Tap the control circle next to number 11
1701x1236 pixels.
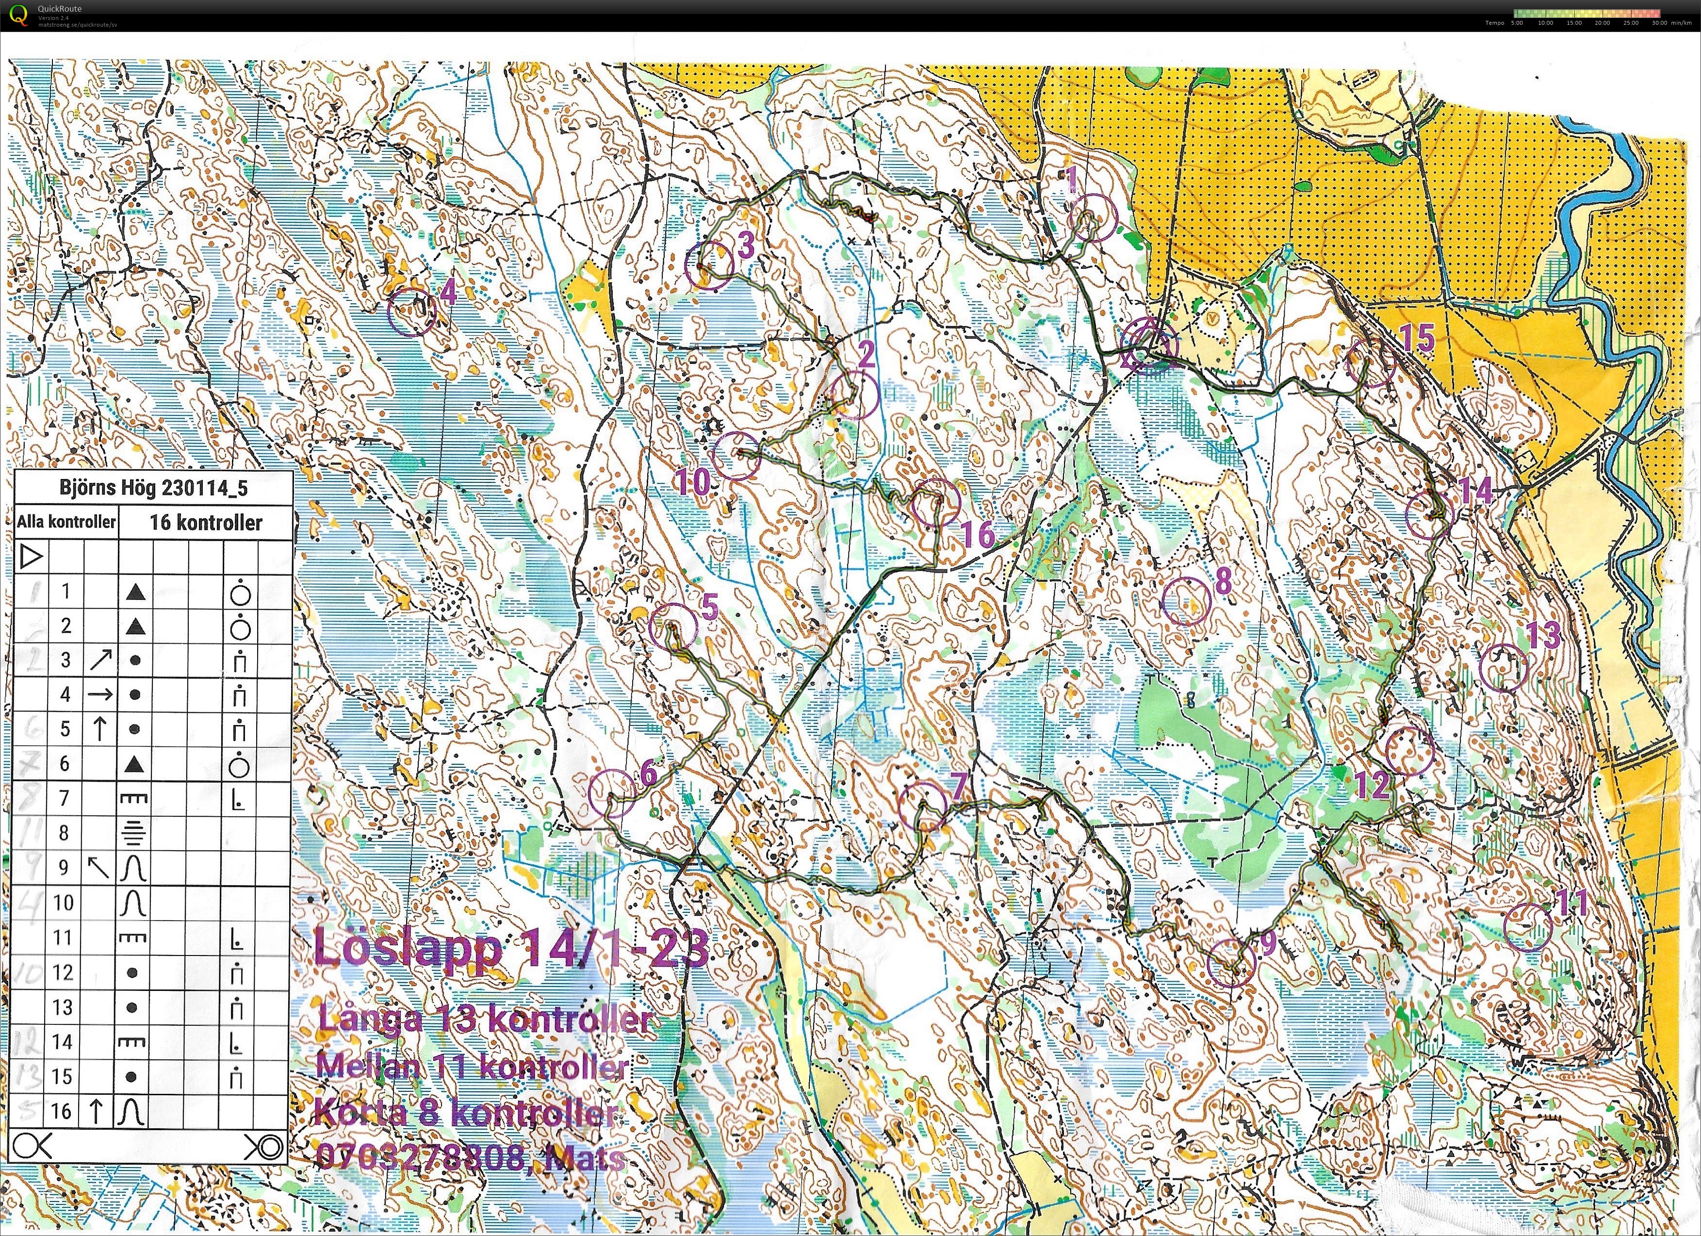pyautogui.click(x=1528, y=927)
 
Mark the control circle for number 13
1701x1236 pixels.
pyautogui.click(x=1504, y=667)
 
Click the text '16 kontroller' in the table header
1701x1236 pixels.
pyautogui.click(x=206, y=522)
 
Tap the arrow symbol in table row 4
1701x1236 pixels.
pyautogui.click(x=100, y=694)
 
